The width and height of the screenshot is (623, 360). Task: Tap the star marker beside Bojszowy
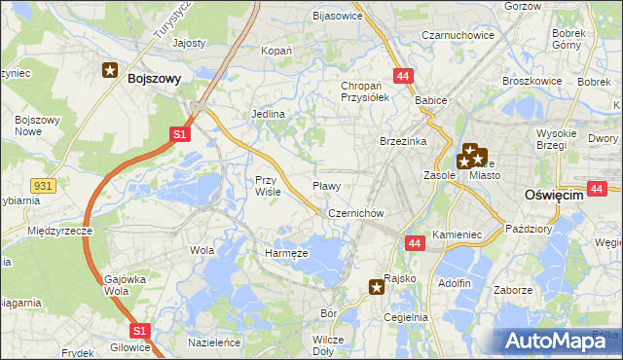(x=111, y=70)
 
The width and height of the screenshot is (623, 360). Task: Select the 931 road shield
(x=42, y=183)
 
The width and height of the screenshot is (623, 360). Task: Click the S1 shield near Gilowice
(x=139, y=331)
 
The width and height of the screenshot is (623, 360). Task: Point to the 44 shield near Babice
(x=402, y=75)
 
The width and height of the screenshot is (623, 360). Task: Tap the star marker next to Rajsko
(x=377, y=286)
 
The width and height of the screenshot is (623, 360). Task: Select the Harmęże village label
(x=286, y=253)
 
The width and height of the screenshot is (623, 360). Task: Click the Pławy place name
(x=326, y=185)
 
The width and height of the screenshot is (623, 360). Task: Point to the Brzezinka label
(x=404, y=141)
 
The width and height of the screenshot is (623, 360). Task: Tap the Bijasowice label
(x=337, y=16)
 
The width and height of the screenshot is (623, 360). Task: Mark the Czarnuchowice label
(x=458, y=35)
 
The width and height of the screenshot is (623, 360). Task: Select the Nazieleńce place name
(x=214, y=343)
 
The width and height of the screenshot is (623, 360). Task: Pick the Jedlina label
(x=268, y=114)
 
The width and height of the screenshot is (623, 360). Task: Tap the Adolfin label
(x=455, y=283)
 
